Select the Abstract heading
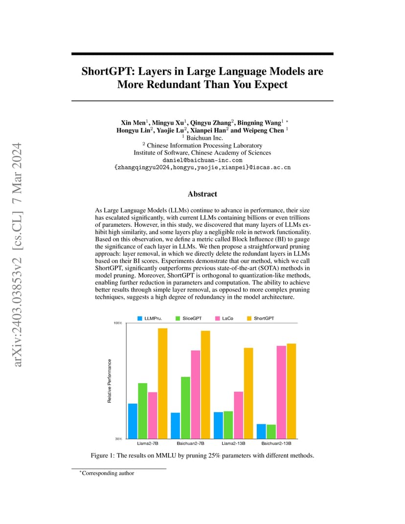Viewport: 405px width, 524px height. pos(202,194)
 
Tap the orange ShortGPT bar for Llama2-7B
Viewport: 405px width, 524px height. pos(162,383)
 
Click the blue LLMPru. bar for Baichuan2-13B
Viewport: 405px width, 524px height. pos(261,432)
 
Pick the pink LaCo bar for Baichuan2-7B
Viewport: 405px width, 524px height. pos(195,394)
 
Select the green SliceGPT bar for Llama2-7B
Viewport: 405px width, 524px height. pos(142,411)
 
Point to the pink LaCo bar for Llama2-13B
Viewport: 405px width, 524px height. pos(239,415)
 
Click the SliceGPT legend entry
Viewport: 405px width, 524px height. pos(189,319)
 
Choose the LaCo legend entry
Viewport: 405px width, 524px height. pos(225,319)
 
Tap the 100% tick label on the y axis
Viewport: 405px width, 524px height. pos(118,323)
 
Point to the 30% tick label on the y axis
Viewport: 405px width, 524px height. pos(118,439)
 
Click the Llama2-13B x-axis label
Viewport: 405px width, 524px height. pos(233,443)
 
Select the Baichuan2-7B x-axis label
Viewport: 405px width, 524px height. pos(190,443)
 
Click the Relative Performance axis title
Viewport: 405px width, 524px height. pos(110,381)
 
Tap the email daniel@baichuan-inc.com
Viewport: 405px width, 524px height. pos(202,160)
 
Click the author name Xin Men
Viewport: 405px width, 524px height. pos(133,123)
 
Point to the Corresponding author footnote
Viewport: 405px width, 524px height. pos(107,473)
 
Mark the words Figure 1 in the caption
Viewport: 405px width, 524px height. pos(100,456)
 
